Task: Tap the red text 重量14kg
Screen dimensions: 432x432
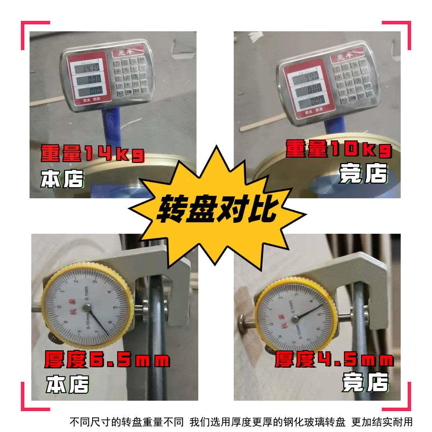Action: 92,154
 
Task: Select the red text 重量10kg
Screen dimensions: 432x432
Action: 338,149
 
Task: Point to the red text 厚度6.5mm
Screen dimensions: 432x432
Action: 107,359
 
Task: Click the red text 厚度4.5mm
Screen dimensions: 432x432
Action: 334,359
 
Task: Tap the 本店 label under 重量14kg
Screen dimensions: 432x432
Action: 62,178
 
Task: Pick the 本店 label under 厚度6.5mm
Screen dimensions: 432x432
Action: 67,384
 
